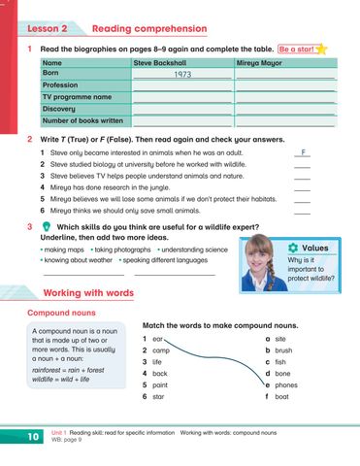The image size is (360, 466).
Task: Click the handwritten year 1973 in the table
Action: click(182, 74)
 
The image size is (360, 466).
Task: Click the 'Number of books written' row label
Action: click(82, 121)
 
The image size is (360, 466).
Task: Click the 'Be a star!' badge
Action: click(295, 48)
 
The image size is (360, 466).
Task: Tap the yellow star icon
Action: click(320, 47)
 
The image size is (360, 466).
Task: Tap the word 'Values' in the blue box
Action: click(315, 249)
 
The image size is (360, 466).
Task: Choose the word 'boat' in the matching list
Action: click(282, 396)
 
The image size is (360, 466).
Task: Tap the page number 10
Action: click(32, 439)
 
